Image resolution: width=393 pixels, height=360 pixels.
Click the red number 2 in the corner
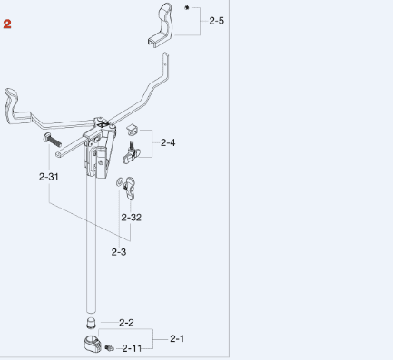click(x=7, y=24)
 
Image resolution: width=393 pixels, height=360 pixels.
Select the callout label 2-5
click(x=217, y=21)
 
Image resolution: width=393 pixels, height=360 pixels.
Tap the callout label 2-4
click(x=168, y=142)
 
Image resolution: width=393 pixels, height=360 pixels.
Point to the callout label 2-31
click(x=49, y=177)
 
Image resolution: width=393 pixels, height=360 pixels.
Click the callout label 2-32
click(x=132, y=218)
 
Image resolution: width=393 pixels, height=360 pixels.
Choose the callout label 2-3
click(x=119, y=252)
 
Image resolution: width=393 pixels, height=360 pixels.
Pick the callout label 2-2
click(x=126, y=323)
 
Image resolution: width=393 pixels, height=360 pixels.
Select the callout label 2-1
click(x=177, y=338)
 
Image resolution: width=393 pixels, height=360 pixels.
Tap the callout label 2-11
click(x=132, y=349)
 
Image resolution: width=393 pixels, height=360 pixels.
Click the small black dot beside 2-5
click(x=187, y=8)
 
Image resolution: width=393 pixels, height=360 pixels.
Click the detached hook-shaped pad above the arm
click(x=161, y=24)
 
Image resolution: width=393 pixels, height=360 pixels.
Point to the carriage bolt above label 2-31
click(x=53, y=140)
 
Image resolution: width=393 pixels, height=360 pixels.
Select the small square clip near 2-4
click(x=132, y=130)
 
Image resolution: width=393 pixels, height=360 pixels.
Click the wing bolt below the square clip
click(x=130, y=153)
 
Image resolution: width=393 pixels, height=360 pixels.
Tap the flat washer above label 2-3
click(x=120, y=182)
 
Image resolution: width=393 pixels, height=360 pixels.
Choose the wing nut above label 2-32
click(x=130, y=189)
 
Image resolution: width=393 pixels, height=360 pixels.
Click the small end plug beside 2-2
click(x=91, y=323)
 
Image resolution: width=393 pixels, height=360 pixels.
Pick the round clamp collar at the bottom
click(x=93, y=344)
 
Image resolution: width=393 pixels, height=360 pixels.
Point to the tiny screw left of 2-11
click(x=109, y=348)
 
